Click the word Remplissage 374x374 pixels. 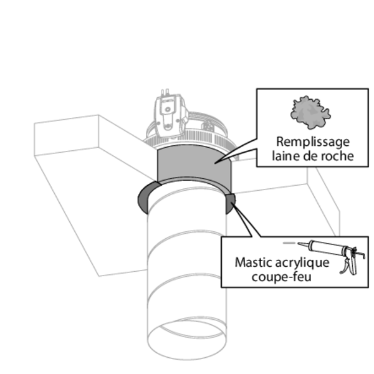coord(312,142)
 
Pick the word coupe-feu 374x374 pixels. coord(281,276)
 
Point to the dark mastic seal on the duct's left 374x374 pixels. coord(143,199)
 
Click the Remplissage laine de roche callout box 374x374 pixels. coord(312,127)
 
